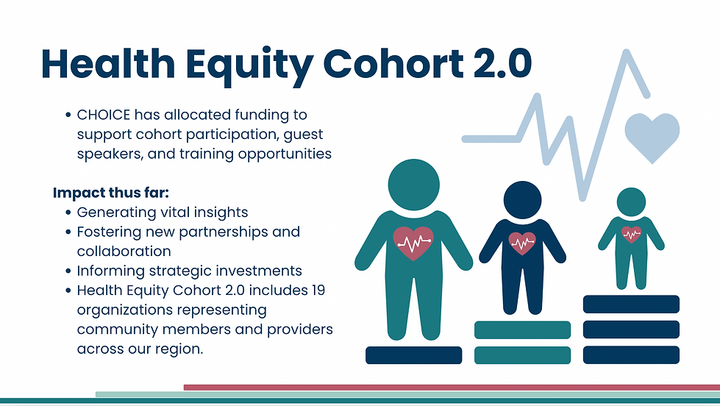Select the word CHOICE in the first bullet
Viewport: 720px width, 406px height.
[x=104, y=114]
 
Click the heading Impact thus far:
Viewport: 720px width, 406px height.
[x=110, y=193]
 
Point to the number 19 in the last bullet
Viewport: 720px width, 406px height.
[x=317, y=291]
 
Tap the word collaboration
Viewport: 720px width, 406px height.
[x=124, y=252]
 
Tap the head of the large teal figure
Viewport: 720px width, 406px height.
[x=414, y=185]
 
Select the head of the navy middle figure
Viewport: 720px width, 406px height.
[x=523, y=200]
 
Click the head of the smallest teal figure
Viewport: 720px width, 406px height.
[x=631, y=202]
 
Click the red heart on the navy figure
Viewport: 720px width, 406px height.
[x=522, y=243]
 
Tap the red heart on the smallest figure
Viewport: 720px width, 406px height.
[x=631, y=234]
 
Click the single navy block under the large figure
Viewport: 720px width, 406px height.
[x=414, y=355]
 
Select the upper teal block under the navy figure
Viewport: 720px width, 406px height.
[x=523, y=330]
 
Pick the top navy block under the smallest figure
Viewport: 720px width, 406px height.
[x=631, y=304]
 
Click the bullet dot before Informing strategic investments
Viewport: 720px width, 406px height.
[x=68, y=271]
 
